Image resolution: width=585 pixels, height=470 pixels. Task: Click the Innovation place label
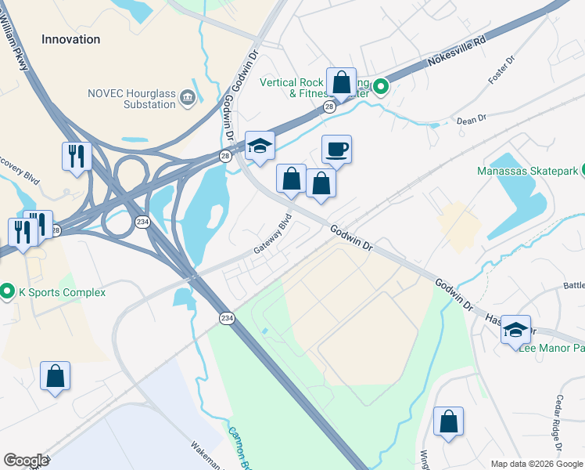point(70,39)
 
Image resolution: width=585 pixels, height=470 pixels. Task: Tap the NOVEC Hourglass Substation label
point(131,98)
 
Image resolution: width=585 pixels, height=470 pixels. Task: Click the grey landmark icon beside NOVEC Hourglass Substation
point(188,97)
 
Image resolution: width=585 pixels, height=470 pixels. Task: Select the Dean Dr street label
point(472,119)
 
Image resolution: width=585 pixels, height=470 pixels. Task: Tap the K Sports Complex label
point(62,293)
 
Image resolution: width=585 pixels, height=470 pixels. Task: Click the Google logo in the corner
point(26,461)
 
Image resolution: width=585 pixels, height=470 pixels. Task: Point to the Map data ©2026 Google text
point(536,464)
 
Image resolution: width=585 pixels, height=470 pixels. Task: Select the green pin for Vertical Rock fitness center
point(381,86)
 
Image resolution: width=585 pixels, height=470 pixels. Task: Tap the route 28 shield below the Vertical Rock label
point(330,107)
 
